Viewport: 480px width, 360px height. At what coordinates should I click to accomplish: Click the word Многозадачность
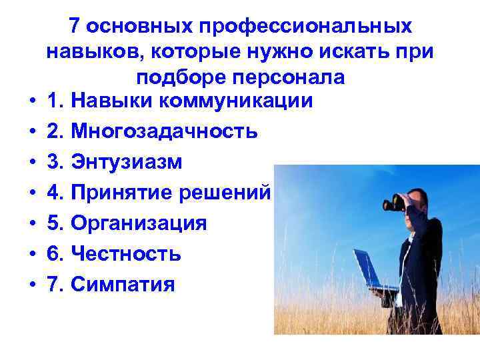click(164, 131)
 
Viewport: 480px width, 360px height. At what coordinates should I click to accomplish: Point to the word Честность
click(125, 254)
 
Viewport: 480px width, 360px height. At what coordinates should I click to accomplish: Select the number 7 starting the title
click(75, 27)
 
